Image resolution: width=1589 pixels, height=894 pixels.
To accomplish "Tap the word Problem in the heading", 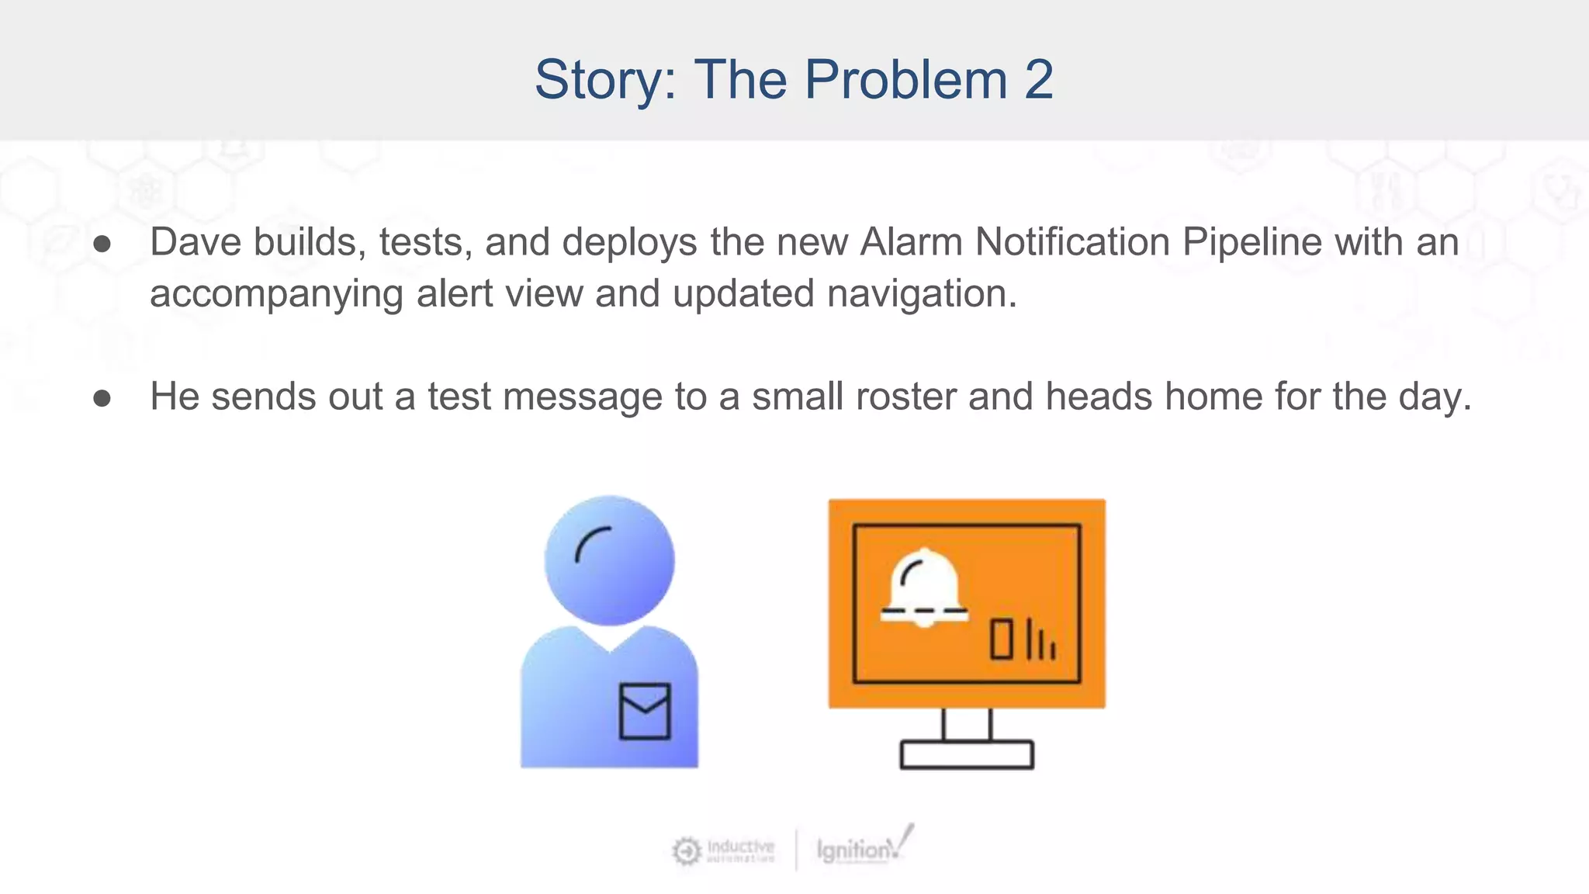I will [x=905, y=79].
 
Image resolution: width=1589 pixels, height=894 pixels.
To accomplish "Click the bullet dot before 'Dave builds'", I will [x=102, y=244].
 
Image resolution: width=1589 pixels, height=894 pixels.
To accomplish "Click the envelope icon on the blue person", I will [x=645, y=711].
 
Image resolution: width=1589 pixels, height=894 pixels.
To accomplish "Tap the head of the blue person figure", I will [x=609, y=560].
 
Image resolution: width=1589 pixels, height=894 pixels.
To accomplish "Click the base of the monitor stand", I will [x=967, y=754].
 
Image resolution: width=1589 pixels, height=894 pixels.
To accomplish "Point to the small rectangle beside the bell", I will [x=1002, y=639].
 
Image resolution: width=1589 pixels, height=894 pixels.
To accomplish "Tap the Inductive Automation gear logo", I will [x=686, y=851].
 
